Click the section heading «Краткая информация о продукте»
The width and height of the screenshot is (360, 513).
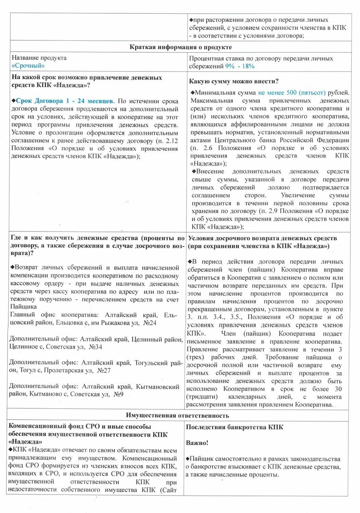click(180, 47)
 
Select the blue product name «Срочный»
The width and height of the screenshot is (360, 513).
click(28, 66)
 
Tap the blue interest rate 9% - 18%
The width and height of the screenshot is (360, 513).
click(240, 66)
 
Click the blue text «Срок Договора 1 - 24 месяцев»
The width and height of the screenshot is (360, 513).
click(64, 101)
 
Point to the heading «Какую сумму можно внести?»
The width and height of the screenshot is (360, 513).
click(233, 81)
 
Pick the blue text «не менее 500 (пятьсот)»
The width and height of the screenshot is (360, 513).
click(292, 93)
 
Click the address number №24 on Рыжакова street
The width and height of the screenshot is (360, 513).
click(150, 323)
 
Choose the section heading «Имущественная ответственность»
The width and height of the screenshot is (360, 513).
click(177, 416)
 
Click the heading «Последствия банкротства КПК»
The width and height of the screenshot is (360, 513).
click(234, 427)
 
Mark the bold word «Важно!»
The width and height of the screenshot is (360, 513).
click(197, 443)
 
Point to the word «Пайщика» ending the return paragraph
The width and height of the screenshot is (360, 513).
click(23, 307)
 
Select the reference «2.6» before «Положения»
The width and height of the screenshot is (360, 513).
click(208, 148)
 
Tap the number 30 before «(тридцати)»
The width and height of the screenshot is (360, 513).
click(338, 389)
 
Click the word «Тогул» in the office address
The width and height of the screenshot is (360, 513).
click(27, 370)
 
